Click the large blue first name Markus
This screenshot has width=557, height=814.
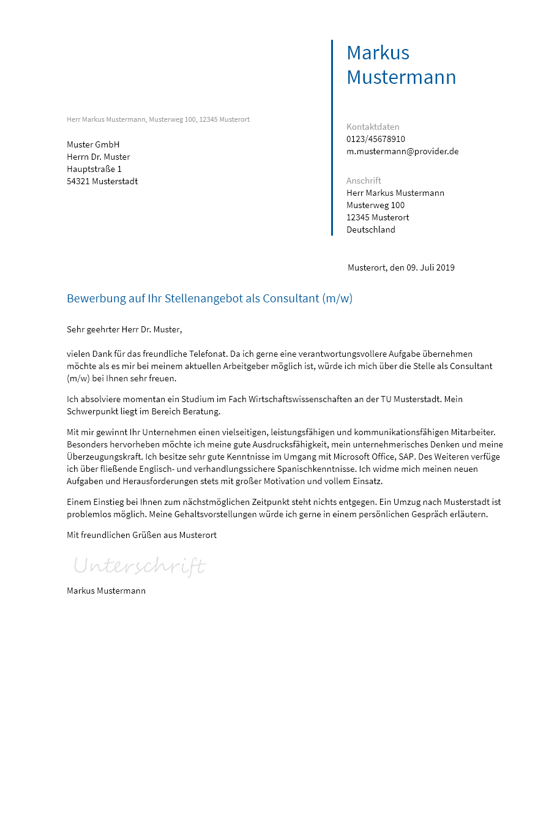click(378, 53)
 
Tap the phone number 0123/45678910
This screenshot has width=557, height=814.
click(375, 139)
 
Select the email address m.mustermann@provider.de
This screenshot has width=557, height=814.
click(402, 151)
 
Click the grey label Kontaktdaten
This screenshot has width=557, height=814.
click(372, 127)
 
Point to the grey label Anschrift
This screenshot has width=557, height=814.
click(364, 181)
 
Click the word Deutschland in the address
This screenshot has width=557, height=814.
click(370, 230)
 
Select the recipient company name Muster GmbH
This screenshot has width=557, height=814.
click(93, 144)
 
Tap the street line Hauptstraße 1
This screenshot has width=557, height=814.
click(94, 169)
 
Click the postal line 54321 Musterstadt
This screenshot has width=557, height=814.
click(102, 181)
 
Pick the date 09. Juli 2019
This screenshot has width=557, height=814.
click(430, 267)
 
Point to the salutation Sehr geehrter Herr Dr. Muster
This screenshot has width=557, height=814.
click(124, 329)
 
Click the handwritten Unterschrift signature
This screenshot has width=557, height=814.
click(140, 566)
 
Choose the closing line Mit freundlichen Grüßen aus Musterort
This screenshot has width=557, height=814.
click(141, 535)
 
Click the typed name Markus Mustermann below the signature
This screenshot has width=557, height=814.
click(106, 591)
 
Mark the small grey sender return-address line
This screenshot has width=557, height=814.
click(158, 119)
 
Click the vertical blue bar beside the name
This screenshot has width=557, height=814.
click(332, 138)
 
